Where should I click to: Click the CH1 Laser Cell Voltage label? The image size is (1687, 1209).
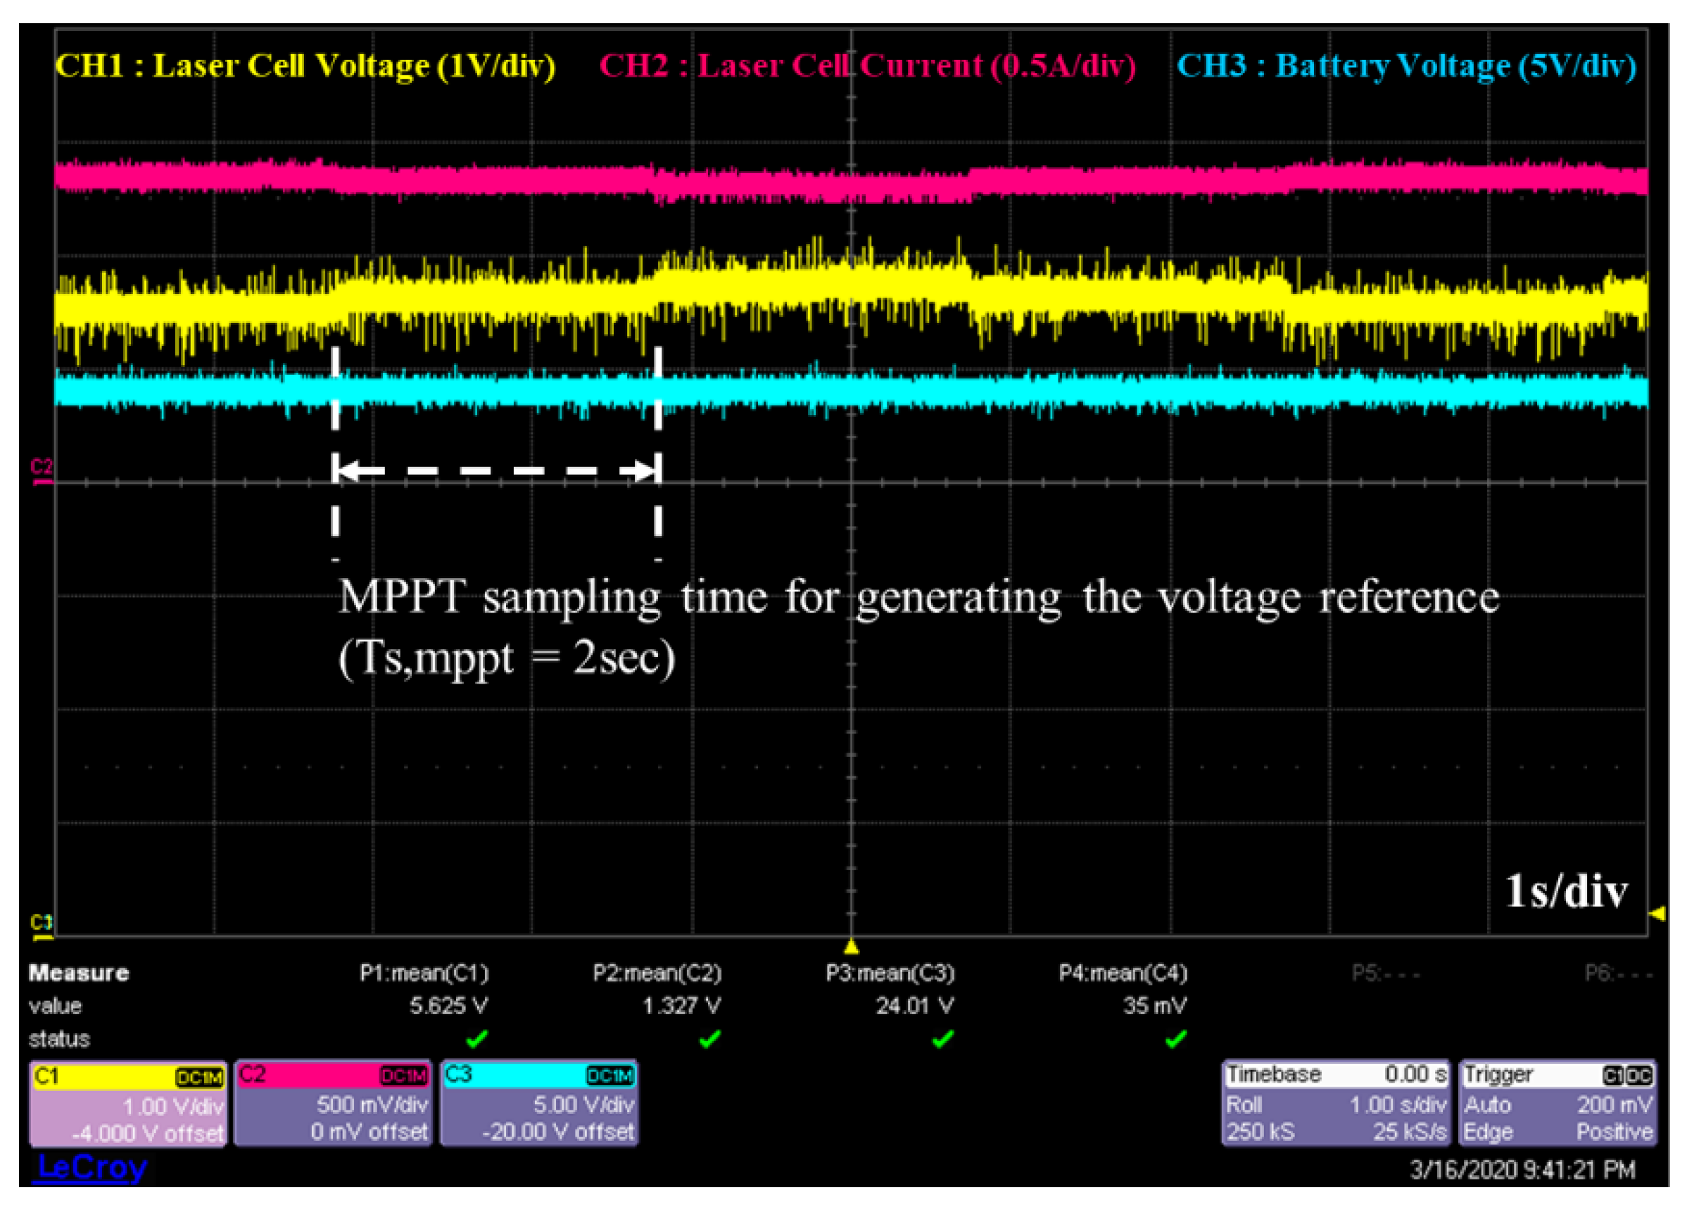[x=305, y=65]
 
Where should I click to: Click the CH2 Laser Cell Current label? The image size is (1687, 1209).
[x=867, y=65]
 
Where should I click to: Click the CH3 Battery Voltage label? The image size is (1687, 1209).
[x=1406, y=65]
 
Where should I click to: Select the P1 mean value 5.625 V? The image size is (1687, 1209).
[x=448, y=1006]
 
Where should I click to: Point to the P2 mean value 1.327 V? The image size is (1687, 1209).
[x=681, y=1006]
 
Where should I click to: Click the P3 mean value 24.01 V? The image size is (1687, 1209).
[x=914, y=1006]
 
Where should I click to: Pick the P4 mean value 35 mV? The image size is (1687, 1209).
[x=1154, y=1006]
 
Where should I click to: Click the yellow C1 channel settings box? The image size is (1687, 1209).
[x=128, y=1104]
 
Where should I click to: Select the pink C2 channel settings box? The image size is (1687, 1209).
[x=333, y=1104]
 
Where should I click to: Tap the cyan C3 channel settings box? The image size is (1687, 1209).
[x=539, y=1104]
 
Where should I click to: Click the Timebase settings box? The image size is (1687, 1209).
[x=1336, y=1104]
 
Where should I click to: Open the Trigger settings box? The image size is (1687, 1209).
[x=1558, y=1104]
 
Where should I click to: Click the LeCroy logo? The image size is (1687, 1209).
[x=91, y=1167]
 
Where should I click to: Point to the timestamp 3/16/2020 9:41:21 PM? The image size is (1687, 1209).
[x=1522, y=1170]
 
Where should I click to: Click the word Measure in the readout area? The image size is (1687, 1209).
[x=78, y=973]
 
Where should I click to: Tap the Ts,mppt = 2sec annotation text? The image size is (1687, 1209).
[x=507, y=658]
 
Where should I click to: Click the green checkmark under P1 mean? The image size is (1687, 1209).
[x=476, y=1038]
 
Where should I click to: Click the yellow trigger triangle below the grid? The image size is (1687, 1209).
[x=852, y=947]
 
